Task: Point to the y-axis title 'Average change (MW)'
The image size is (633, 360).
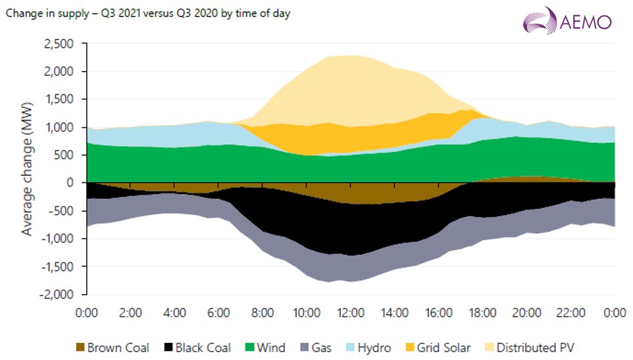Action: pyautogui.click(x=28, y=168)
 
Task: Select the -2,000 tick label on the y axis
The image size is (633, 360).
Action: pyautogui.click(x=60, y=295)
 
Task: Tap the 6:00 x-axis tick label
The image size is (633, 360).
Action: pyautogui.click(x=218, y=312)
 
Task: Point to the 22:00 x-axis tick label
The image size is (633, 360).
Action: pyautogui.click(x=570, y=312)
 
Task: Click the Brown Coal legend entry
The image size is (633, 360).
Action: pyautogui.click(x=112, y=347)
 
